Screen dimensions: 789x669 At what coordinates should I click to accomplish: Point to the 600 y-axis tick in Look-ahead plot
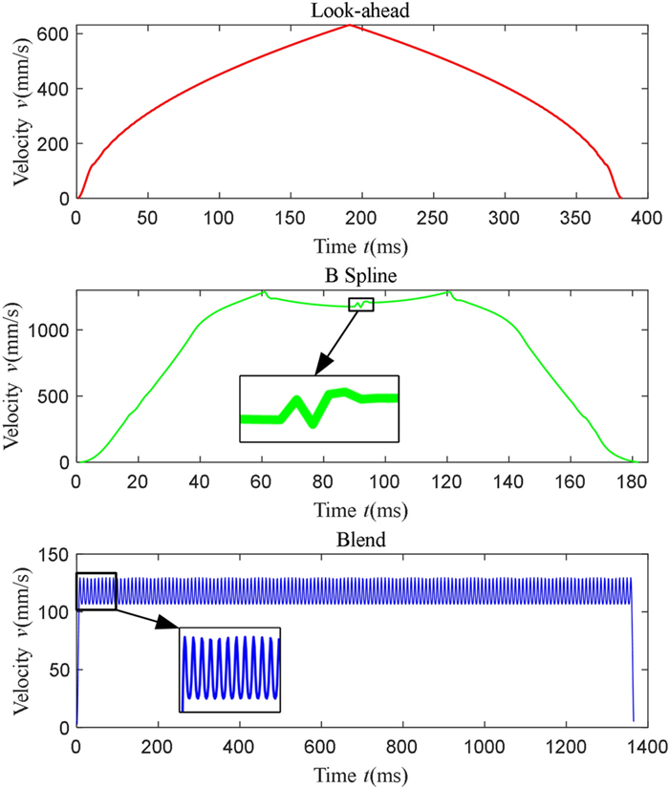coord(54,33)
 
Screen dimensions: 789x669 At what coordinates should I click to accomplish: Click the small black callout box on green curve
coord(361,305)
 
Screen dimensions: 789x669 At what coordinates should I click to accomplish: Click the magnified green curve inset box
coord(318,409)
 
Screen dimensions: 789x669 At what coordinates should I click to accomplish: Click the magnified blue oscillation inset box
coord(230,669)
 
